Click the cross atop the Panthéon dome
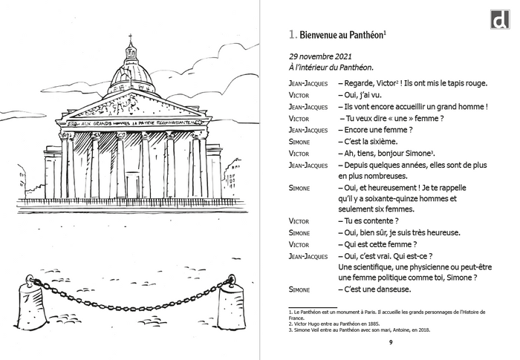[x=131, y=37]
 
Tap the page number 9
[x=390, y=342]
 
